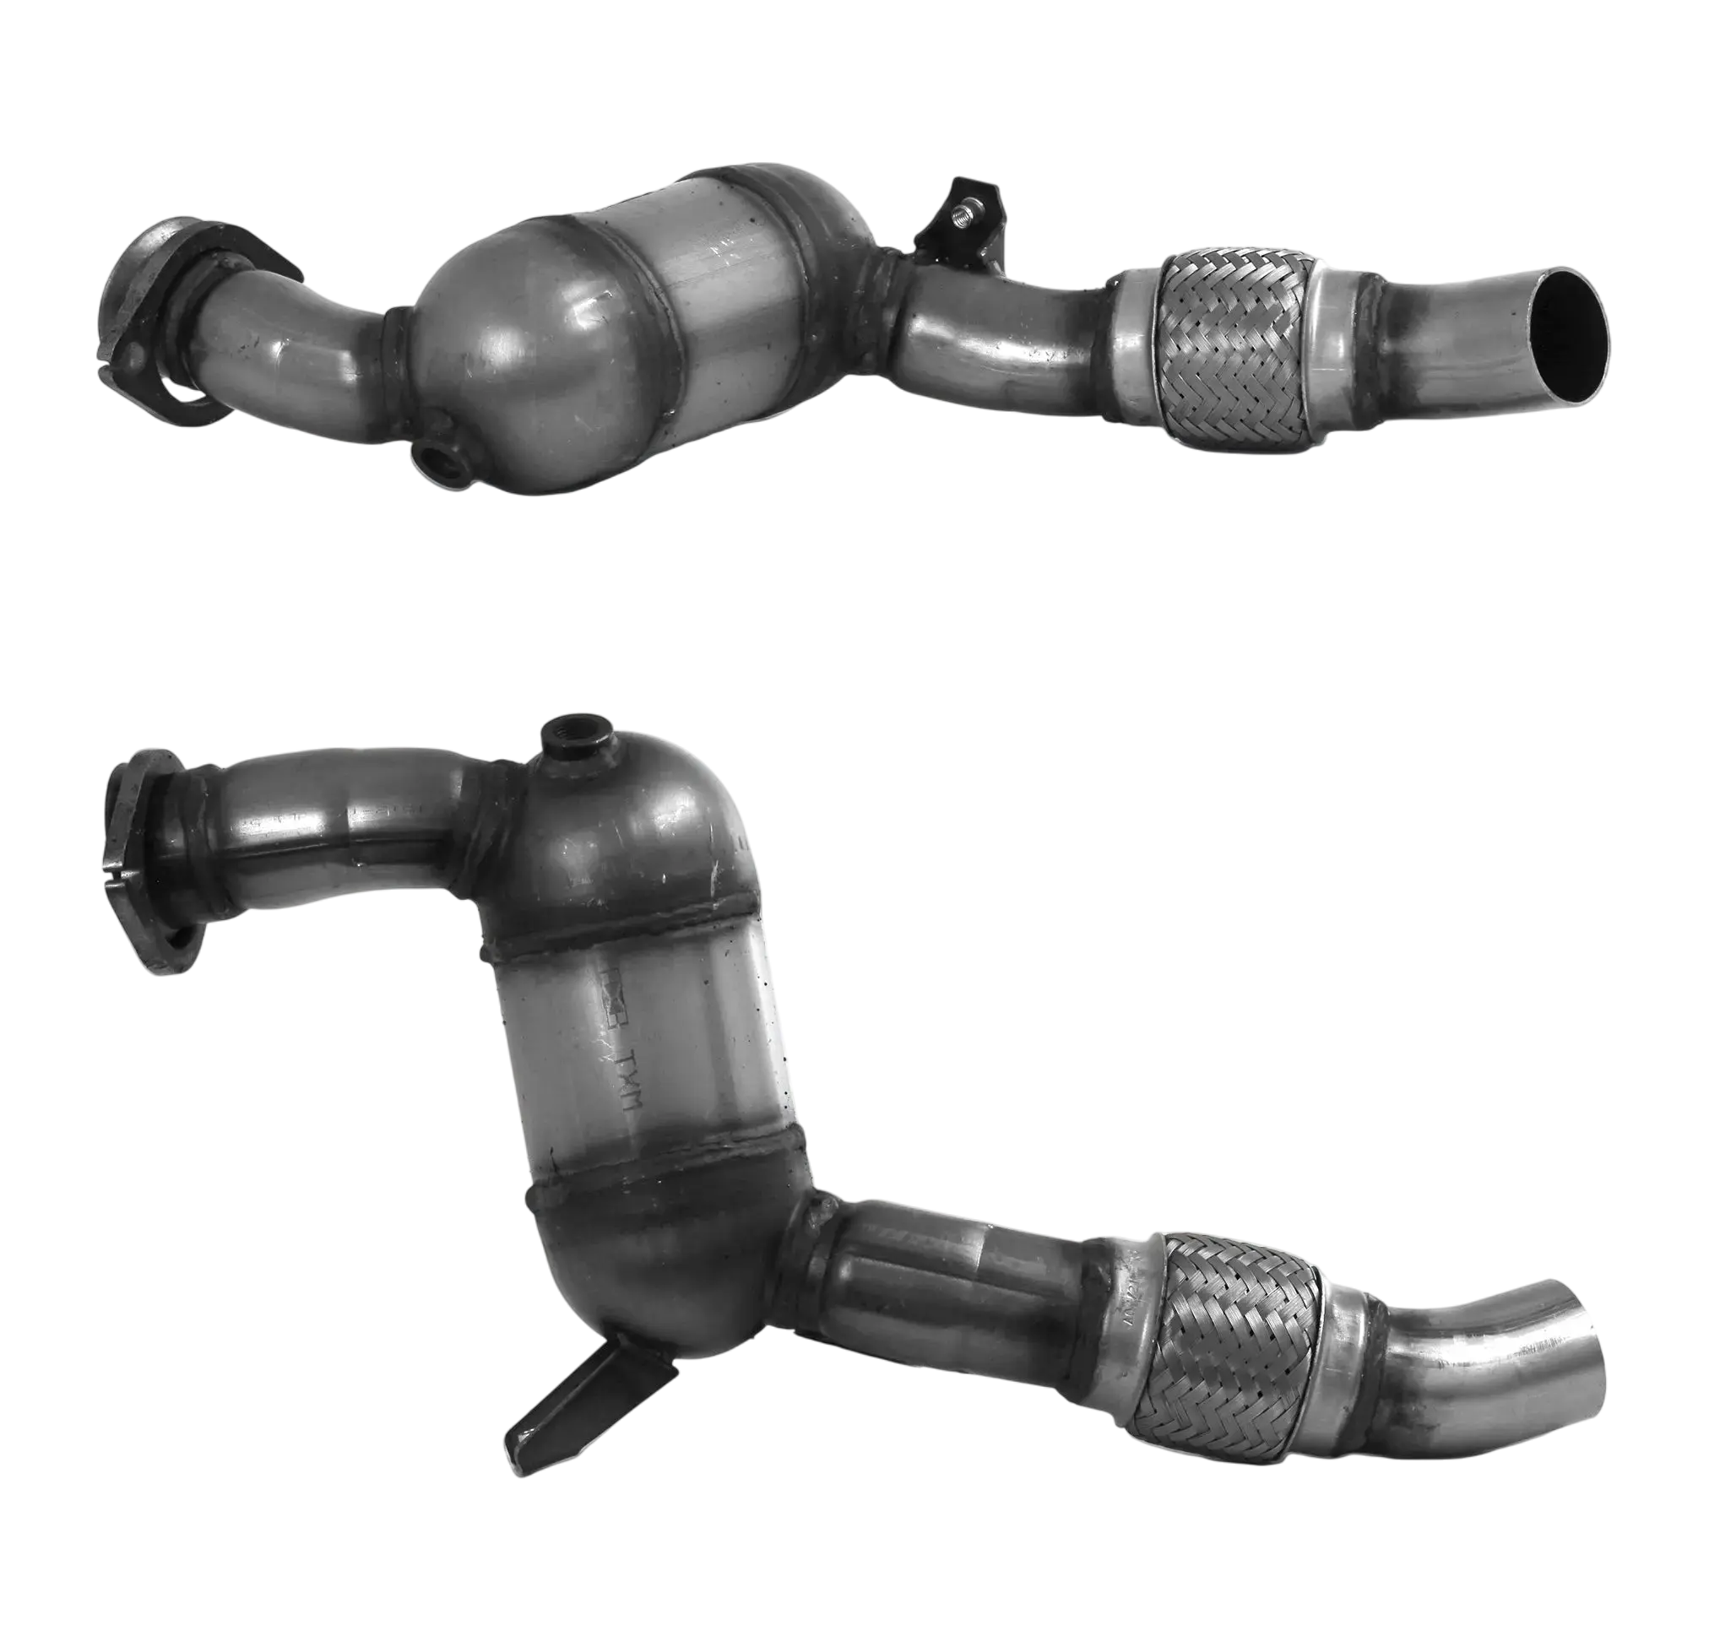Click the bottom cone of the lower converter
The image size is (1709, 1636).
pos(663,1272)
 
